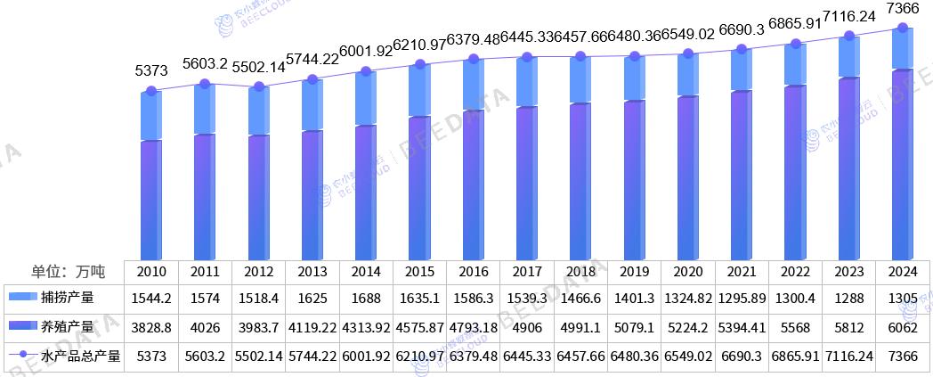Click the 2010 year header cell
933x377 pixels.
pos(150,271)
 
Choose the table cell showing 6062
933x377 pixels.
pos(903,328)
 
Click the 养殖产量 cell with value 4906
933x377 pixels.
pos(527,328)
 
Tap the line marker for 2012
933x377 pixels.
pos(258,86)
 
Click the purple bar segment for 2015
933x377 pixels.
pos(418,187)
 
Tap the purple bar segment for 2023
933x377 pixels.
pos(848,169)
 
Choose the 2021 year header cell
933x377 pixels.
pos(742,271)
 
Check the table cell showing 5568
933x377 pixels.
pos(795,328)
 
